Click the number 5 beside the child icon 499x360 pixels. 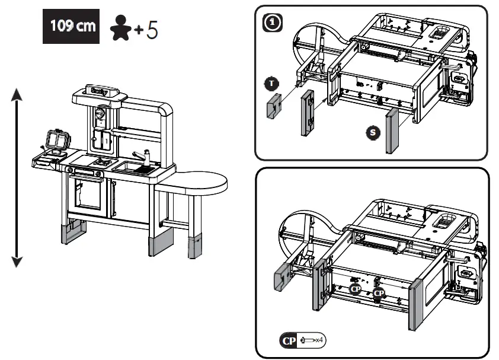click(x=152, y=29)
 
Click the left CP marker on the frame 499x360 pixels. click(x=355, y=289)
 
